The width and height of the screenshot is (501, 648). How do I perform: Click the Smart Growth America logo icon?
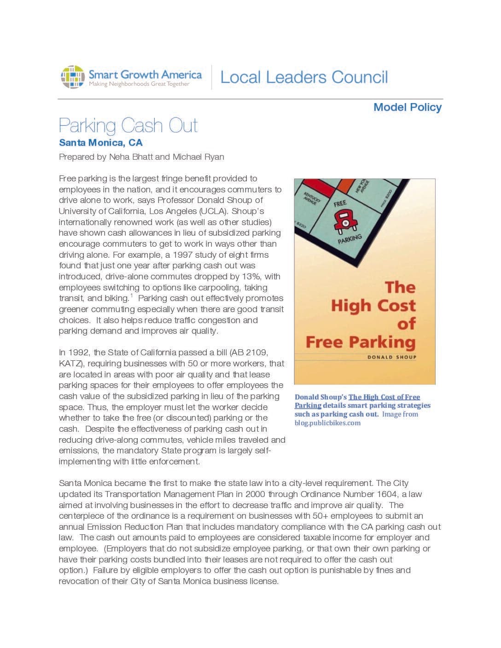point(73,77)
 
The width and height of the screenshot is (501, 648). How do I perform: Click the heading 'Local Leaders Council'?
point(304,77)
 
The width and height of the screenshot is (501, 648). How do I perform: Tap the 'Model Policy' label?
point(407,107)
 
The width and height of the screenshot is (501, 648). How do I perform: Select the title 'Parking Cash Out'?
point(128,125)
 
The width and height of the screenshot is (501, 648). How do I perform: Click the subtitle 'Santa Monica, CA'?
point(101,143)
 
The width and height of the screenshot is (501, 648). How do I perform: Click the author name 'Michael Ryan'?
point(198,157)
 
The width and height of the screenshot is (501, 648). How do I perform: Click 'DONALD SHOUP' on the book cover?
point(391,357)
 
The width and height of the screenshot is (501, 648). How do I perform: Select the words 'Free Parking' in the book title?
point(361,342)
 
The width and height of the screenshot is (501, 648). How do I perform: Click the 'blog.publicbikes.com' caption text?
point(327,423)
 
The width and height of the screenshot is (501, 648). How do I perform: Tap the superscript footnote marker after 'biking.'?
point(131,296)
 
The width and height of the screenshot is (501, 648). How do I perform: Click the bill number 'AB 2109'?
point(250,353)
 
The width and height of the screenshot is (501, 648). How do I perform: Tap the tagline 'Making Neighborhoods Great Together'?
point(139,84)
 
